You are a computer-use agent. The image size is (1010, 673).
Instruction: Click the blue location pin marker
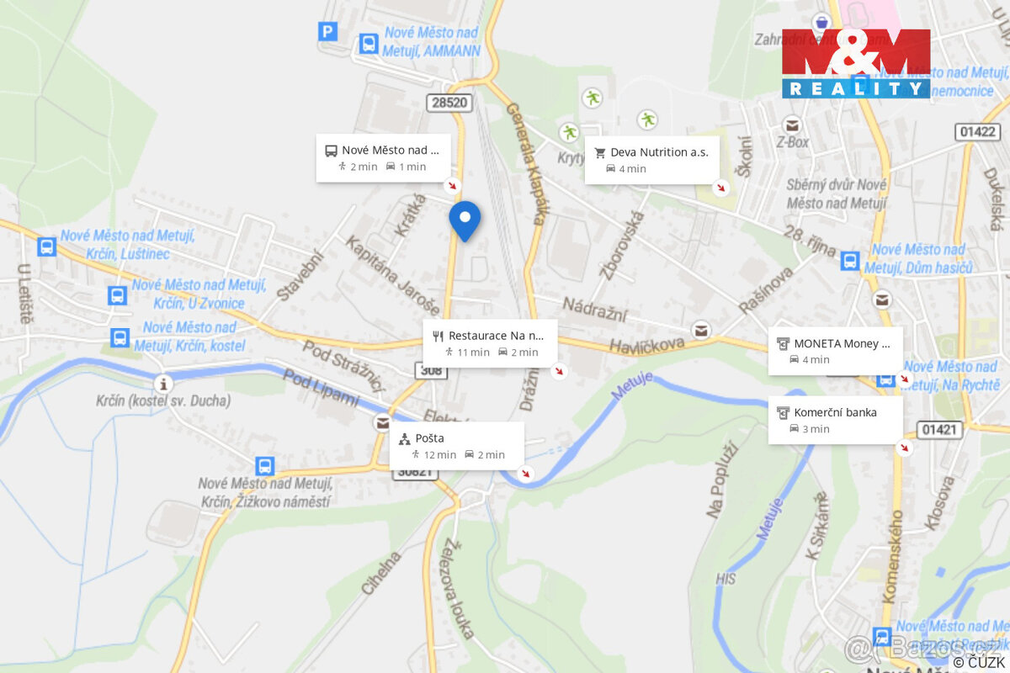[x=465, y=220]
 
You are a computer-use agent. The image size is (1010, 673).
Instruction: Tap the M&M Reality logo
[x=856, y=63]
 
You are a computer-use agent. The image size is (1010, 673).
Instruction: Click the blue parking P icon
[x=327, y=32]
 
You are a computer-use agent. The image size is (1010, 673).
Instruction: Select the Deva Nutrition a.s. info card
[x=652, y=160]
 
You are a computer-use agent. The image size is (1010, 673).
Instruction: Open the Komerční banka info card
[x=835, y=420]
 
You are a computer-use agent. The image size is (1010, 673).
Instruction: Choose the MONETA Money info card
[x=835, y=351]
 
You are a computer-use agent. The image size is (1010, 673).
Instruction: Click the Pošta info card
[x=456, y=446]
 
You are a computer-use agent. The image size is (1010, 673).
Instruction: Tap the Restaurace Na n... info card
[x=490, y=343]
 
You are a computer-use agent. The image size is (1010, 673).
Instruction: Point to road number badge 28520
[x=449, y=103]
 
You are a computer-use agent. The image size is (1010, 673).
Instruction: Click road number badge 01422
[x=977, y=131]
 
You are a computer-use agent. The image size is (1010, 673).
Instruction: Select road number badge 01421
[x=939, y=430]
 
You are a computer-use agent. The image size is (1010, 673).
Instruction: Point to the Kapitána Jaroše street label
[x=392, y=275]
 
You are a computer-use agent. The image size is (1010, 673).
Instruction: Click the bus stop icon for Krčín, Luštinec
[x=46, y=246]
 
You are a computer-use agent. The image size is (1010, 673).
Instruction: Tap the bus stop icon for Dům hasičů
[x=850, y=261]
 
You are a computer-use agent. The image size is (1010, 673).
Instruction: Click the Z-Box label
[x=792, y=142]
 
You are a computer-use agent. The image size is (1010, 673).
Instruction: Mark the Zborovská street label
[x=621, y=245]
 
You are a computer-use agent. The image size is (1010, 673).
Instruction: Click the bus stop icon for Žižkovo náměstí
[x=265, y=466]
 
